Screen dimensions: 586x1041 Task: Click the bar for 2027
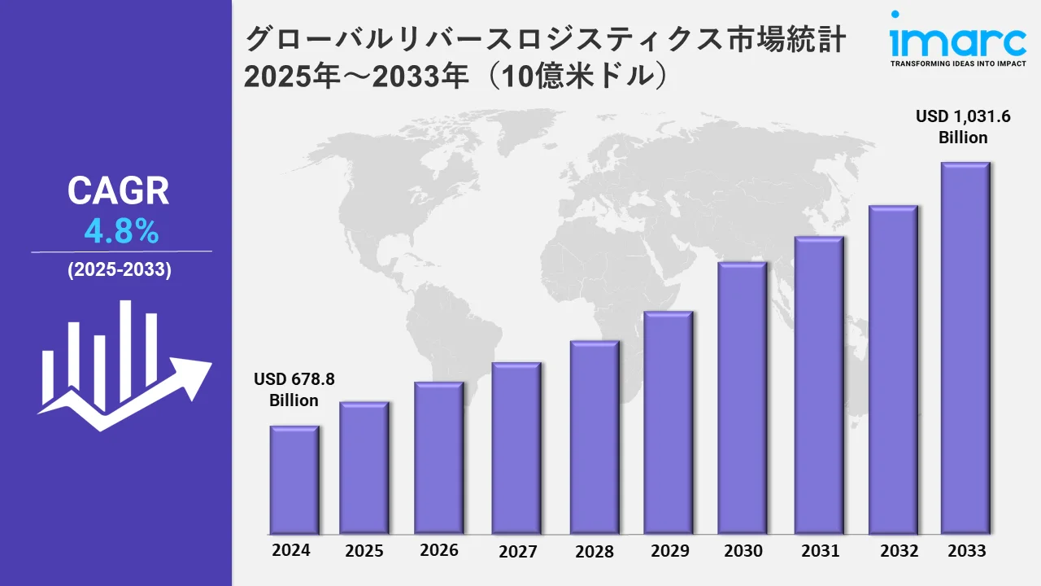pos(516,448)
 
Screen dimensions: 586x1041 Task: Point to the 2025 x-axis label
pos(364,551)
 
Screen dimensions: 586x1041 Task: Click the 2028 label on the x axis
pos(595,552)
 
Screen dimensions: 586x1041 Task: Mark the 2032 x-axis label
pos(899,551)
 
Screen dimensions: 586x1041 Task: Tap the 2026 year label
pos(439,550)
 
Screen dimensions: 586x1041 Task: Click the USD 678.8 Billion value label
pos(294,390)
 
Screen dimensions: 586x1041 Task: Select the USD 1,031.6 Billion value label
pos(963,127)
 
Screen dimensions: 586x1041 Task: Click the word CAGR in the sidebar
pos(119,191)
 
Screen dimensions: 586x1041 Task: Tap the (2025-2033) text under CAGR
pos(120,271)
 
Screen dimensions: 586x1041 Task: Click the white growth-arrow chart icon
pos(122,366)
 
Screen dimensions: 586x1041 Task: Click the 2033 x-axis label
pos(966,551)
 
